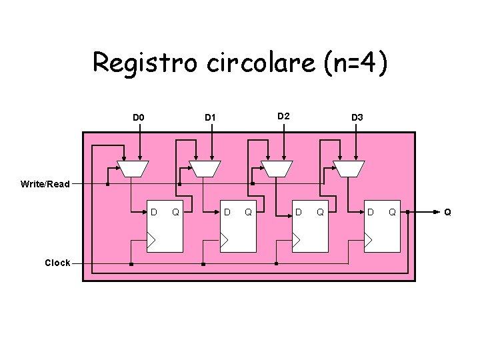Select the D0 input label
138,118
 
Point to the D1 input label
210,118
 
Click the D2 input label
283,117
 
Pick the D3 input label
357,118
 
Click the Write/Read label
45,184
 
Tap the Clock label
57,263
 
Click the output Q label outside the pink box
448,213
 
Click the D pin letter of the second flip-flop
227,213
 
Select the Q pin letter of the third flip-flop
320,213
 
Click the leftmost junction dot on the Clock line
131,265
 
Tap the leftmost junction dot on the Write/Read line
108,184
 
